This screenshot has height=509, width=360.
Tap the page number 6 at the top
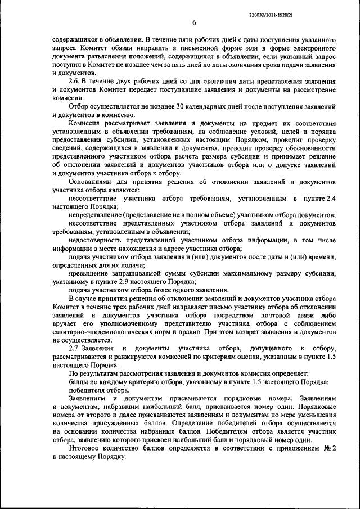(x=193, y=22)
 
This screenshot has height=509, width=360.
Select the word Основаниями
(x=91, y=182)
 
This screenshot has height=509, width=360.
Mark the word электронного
(x=312, y=49)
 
